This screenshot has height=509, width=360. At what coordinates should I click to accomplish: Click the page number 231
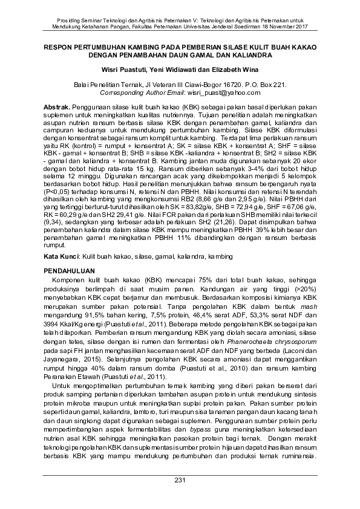click(x=180, y=481)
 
